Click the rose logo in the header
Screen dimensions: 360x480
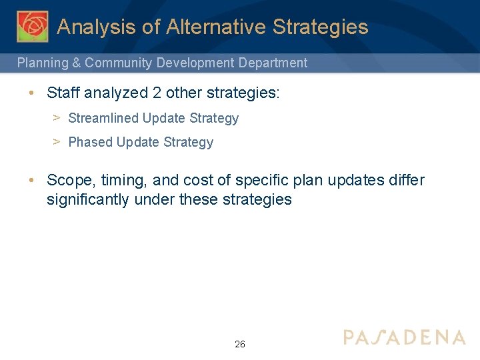(33, 27)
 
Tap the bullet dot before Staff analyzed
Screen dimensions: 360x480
(32, 93)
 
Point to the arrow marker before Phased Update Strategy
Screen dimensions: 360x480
(57, 142)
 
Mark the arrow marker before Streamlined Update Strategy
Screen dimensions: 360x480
(57, 118)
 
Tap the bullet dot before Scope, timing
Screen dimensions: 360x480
(32, 181)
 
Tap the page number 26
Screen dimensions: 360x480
(240, 344)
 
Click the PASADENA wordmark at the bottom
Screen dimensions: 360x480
(404, 337)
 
